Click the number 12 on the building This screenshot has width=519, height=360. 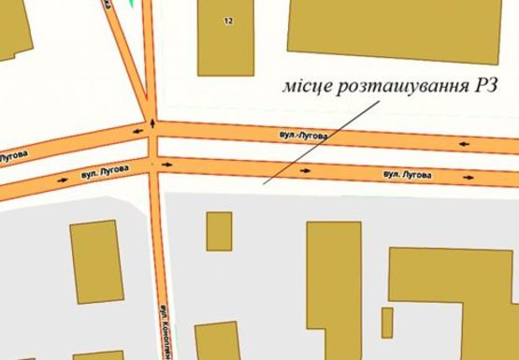pos(228,21)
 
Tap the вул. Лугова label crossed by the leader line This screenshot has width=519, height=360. pos(304,136)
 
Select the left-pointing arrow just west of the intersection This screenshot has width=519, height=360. pos(137,132)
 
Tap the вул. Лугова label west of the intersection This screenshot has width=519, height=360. pos(98,172)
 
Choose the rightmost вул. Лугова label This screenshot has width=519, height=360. pos(408,174)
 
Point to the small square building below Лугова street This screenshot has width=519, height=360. pos(219,231)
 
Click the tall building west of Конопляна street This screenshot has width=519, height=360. pos(95,261)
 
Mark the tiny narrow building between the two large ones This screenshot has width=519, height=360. pos(386,322)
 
